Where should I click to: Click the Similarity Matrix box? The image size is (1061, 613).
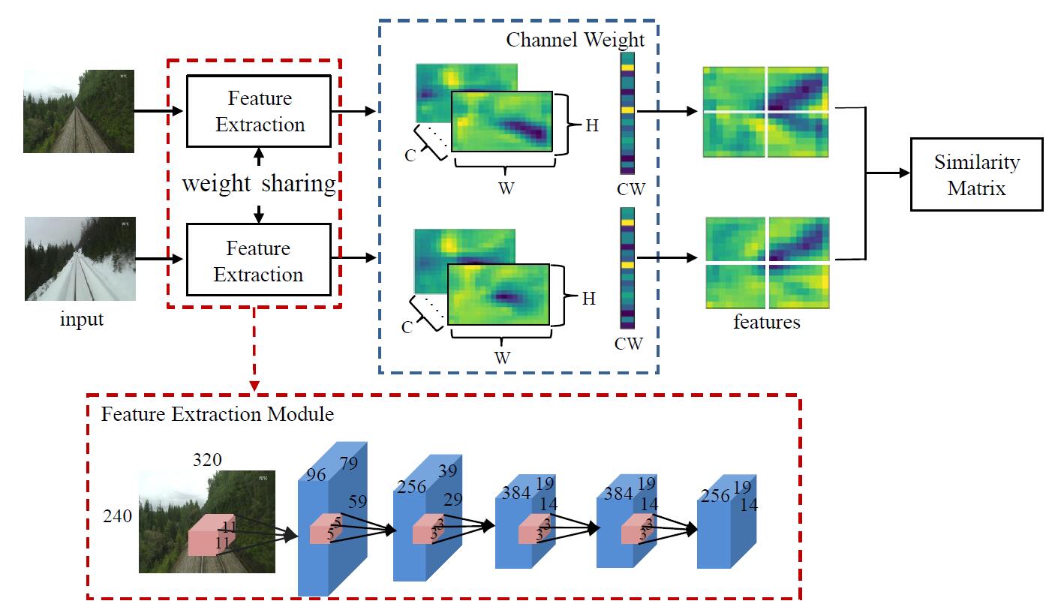point(976,174)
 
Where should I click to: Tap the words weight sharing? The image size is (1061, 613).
point(259,184)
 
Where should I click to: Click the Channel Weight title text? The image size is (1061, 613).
point(575,39)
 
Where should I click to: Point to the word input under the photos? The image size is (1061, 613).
point(82,320)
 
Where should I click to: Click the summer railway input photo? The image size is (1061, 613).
point(79,111)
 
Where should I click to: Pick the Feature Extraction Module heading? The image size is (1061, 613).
point(218,413)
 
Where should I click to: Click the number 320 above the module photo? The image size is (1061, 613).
point(207,459)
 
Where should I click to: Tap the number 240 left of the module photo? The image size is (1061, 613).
point(119,515)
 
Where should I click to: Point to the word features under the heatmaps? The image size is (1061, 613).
point(766,323)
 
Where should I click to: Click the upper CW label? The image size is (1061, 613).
point(630,189)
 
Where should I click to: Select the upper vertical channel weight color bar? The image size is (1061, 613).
point(627,113)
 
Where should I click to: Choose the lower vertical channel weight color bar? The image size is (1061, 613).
point(627,268)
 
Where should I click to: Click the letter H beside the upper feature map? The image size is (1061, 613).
point(592,125)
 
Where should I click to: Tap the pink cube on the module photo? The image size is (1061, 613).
point(210,534)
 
